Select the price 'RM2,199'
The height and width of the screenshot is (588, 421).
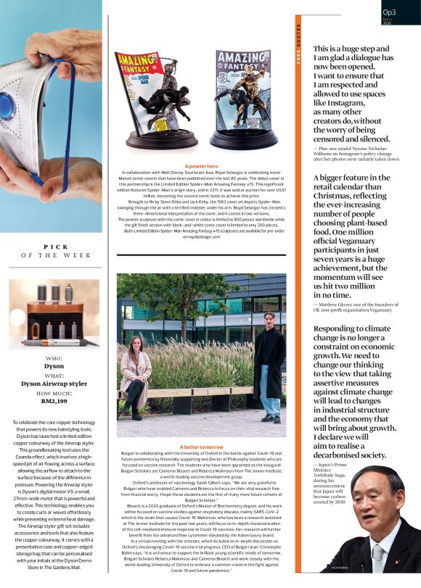point(54,402)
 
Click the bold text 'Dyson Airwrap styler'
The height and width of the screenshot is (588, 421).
point(54,383)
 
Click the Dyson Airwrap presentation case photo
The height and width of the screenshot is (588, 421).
point(54,315)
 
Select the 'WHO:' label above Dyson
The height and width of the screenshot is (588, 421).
point(54,358)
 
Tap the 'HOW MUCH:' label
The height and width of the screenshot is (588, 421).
point(54,392)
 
